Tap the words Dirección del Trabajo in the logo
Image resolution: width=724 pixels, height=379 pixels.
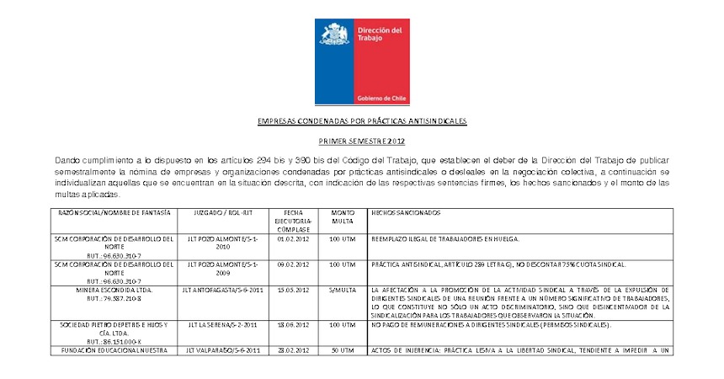(x=380, y=35)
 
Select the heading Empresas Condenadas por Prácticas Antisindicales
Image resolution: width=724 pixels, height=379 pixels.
(x=361, y=121)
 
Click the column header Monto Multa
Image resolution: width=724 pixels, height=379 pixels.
(x=343, y=217)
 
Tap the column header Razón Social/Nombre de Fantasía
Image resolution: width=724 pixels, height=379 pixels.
(x=114, y=213)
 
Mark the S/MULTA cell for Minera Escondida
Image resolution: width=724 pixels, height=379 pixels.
(x=343, y=289)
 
